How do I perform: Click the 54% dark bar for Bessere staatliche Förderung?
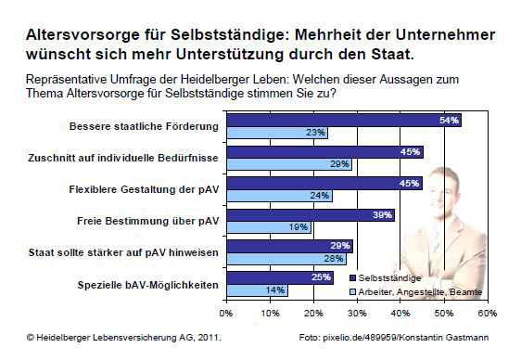tap(343, 121)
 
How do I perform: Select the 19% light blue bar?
tap(268, 226)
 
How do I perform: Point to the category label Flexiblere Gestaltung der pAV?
tap(144, 189)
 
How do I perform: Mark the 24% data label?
tap(318, 195)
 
